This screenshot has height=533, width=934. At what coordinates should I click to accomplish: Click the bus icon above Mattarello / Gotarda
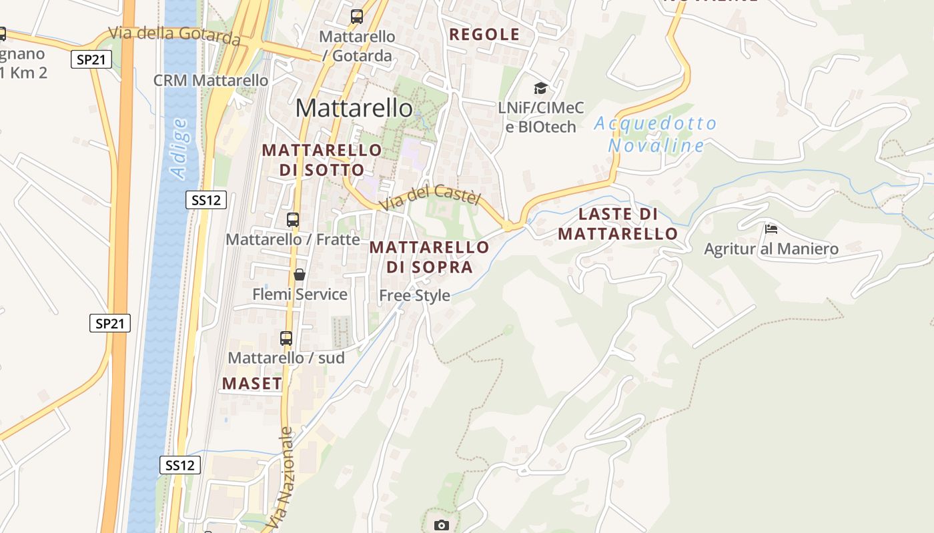pyautogui.click(x=357, y=17)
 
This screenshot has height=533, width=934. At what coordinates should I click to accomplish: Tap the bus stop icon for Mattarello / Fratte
pyautogui.click(x=292, y=220)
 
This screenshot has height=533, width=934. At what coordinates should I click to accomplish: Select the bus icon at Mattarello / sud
pyautogui.click(x=286, y=338)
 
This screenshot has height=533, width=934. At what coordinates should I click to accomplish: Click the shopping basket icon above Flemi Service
pyautogui.click(x=300, y=274)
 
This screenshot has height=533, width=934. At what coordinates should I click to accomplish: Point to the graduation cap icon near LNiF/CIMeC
pyautogui.click(x=540, y=88)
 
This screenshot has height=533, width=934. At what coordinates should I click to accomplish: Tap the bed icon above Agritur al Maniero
pyautogui.click(x=771, y=230)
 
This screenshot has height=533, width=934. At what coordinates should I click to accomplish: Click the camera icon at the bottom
pyautogui.click(x=441, y=525)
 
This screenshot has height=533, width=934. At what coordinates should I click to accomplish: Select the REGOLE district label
pyautogui.click(x=484, y=35)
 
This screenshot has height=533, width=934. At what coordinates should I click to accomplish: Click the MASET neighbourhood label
pyautogui.click(x=252, y=384)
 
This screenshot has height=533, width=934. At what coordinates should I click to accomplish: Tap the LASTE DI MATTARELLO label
pyautogui.click(x=618, y=224)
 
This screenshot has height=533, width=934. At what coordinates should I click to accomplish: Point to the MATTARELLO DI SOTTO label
pyautogui.click(x=322, y=160)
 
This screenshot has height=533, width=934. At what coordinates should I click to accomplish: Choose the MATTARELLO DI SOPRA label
pyautogui.click(x=430, y=257)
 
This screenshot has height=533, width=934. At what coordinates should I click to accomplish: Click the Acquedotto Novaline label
pyautogui.click(x=656, y=135)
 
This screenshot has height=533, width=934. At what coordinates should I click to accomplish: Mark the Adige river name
pyautogui.click(x=179, y=148)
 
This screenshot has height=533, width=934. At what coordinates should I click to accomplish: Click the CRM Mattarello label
pyautogui.click(x=211, y=81)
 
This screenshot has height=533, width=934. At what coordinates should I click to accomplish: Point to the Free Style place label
pyautogui.click(x=414, y=295)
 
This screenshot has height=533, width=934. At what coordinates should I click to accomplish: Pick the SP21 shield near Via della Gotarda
pyautogui.click(x=90, y=59)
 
